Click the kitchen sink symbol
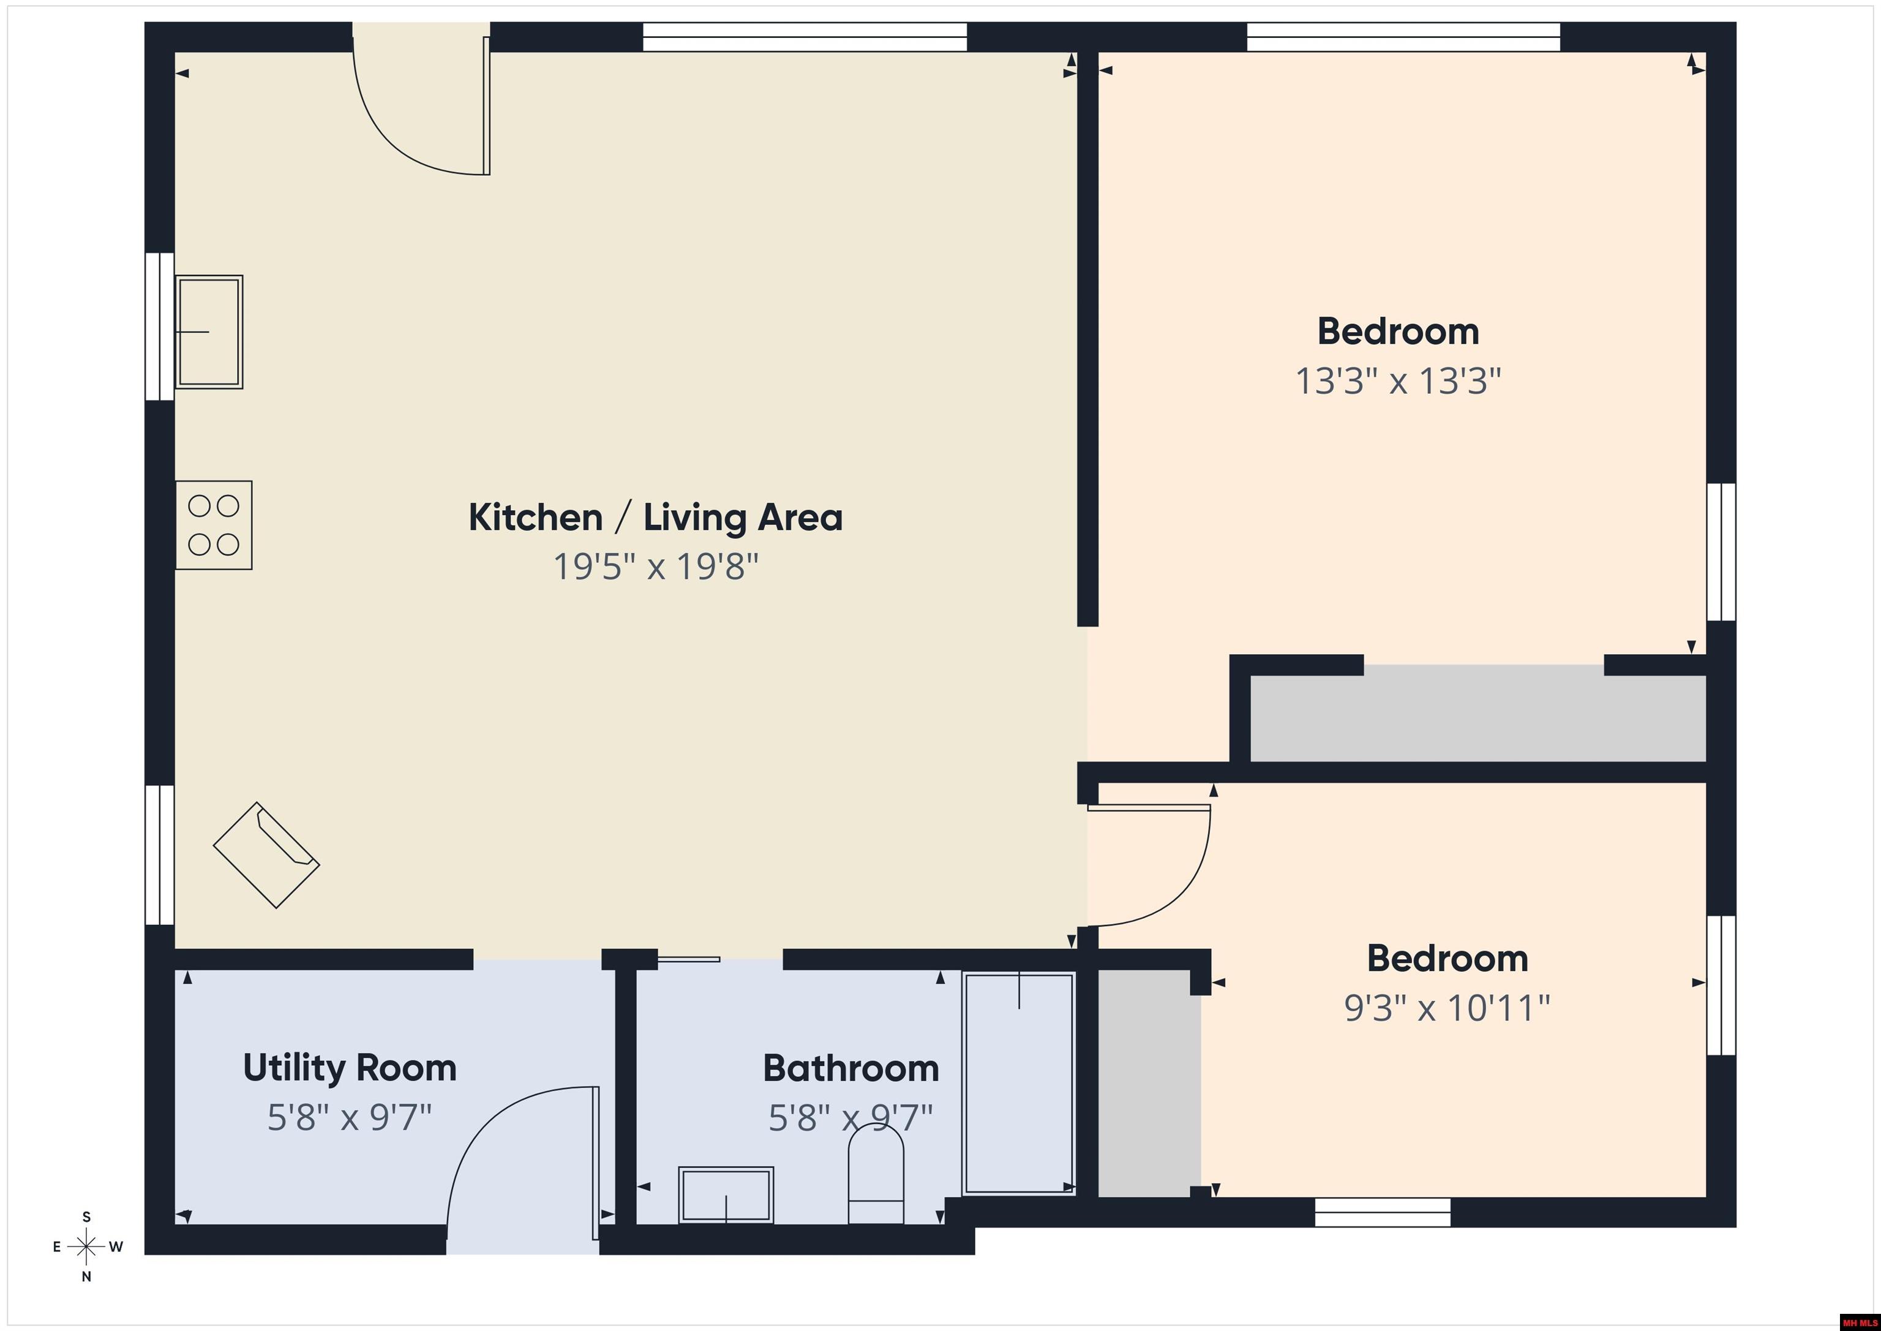click(x=209, y=332)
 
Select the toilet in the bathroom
click(x=876, y=1174)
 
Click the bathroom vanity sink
click(x=726, y=1195)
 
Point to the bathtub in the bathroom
click(x=1019, y=1083)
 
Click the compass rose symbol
click(x=86, y=1246)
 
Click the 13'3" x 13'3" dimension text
click(x=1398, y=381)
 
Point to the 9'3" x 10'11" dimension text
click(x=1447, y=1008)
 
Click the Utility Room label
click(x=350, y=1068)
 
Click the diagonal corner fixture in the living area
click(x=266, y=855)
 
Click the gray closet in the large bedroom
click(x=1478, y=713)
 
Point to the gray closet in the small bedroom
click(x=1149, y=1082)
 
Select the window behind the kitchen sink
click(x=160, y=326)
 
